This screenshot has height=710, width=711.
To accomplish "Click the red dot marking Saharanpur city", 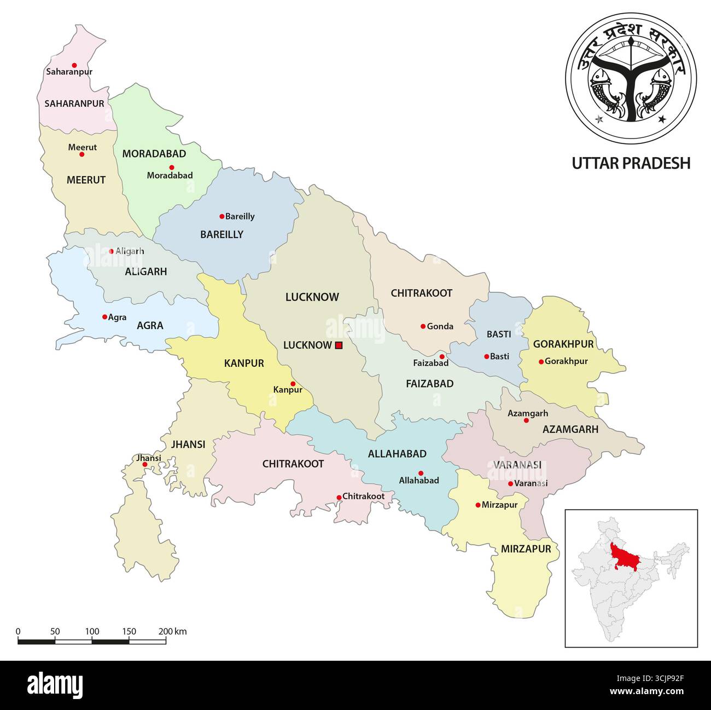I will [74, 65].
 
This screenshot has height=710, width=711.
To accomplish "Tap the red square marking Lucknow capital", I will [339, 345].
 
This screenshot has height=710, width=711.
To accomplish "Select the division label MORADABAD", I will [154, 154].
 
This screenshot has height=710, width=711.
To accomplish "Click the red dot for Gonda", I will [423, 326].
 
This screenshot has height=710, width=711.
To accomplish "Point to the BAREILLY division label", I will [222, 234].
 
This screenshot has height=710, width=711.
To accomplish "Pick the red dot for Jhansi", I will [145, 465].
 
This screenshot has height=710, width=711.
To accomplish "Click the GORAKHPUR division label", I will [563, 344].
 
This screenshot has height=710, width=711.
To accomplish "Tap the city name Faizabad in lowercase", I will [430, 363].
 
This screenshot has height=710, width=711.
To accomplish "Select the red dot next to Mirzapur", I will [477, 505].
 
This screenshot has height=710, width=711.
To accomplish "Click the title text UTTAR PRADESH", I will [631, 163].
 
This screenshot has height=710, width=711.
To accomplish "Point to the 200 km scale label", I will [173, 631].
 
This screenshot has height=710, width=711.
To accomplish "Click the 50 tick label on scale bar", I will [55, 631].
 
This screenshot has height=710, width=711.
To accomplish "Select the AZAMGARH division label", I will [570, 430].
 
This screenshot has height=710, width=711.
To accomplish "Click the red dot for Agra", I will [104, 317].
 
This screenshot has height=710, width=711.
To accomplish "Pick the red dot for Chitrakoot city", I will [339, 497].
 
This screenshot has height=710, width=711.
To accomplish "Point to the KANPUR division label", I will [244, 363].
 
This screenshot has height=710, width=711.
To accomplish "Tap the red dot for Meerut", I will [82, 154].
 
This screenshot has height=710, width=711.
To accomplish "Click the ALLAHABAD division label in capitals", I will [397, 454].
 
